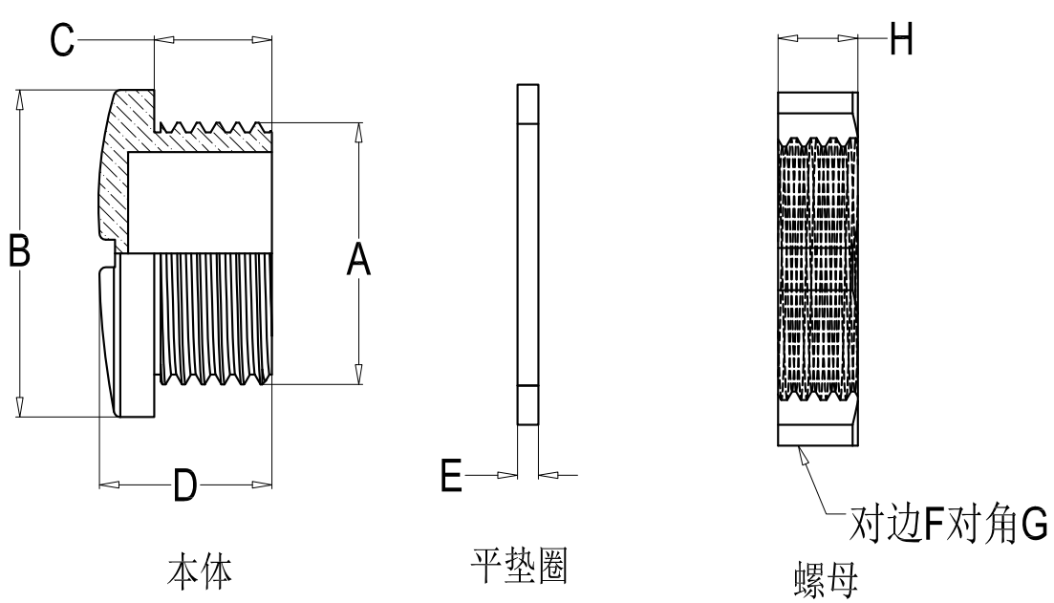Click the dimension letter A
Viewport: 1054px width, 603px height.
357,259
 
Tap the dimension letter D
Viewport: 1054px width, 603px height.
184,486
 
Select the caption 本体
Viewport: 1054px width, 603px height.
198,571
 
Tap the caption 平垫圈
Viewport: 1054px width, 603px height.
521,567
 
